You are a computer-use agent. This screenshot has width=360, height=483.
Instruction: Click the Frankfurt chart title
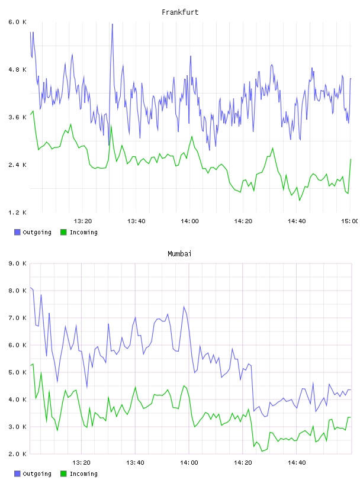pos(180,12)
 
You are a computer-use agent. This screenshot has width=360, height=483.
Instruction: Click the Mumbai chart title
pos(179,254)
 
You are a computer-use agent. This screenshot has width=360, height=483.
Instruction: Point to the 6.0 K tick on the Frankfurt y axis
pos(18,22)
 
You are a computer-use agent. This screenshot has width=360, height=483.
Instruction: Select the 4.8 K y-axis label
pos(18,70)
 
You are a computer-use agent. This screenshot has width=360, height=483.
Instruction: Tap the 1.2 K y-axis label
pos(18,212)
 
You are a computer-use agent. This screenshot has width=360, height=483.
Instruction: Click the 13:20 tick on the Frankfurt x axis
pos(83,221)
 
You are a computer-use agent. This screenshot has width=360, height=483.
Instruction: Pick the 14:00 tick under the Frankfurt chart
pos(189,221)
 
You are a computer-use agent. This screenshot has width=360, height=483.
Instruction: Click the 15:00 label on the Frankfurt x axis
pos(350,221)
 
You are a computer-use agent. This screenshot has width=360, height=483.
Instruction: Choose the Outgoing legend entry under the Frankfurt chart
pos(33,232)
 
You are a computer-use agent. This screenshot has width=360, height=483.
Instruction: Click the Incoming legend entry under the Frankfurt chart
pos(79,232)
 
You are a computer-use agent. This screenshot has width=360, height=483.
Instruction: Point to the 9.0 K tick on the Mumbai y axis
pos(18,263)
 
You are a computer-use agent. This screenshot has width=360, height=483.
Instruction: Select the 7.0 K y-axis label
pos(18,318)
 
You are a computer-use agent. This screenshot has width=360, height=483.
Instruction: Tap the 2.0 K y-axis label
pos(18,454)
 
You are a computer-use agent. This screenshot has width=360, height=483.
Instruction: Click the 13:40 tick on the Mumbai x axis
pos(135,463)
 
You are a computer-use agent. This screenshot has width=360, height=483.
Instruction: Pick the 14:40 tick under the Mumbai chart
pos(297,463)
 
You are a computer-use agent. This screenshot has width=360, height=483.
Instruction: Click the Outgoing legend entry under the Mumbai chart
pos(33,474)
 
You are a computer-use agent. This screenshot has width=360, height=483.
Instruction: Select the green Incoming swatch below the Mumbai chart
pos(63,474)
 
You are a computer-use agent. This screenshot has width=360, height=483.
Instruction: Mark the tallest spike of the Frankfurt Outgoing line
pos(112,24)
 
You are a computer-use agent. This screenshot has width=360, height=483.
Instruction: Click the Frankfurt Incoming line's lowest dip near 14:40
pos(299,200)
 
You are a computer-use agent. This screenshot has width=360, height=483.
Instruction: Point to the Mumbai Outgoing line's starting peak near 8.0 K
pos(31,288)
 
